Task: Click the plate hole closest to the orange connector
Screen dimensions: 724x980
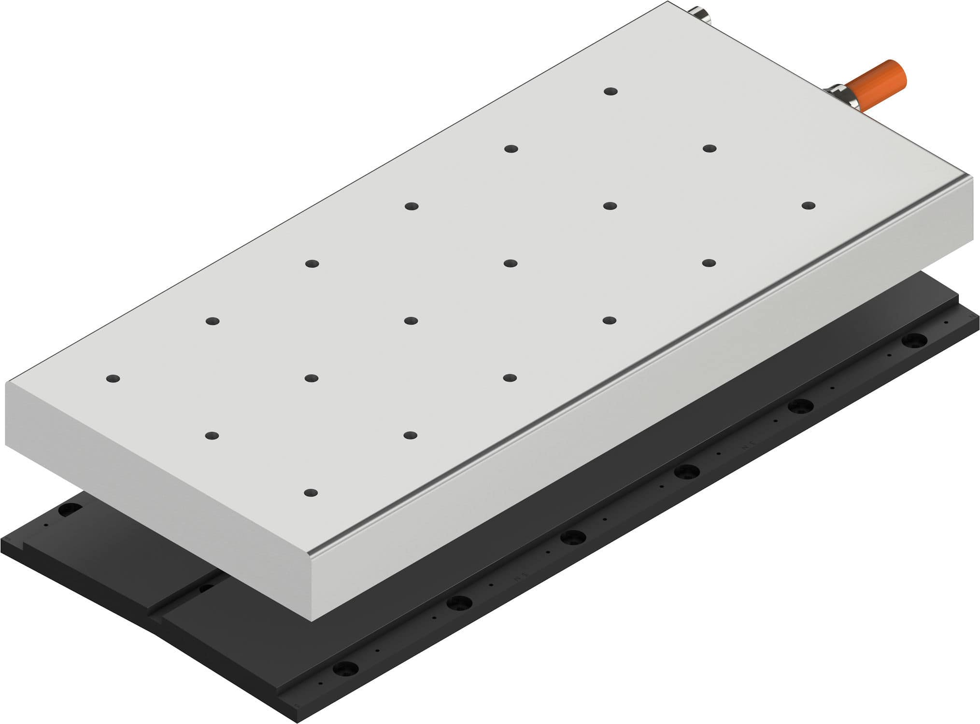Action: (611, 91)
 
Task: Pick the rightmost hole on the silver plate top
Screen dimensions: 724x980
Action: (808, 206)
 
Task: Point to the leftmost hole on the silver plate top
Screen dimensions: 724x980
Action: (113, 378)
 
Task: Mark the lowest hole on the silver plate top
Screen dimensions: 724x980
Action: (311, 493)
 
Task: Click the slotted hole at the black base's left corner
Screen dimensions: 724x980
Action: (71, 509)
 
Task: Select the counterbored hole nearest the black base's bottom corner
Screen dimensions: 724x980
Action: (345, 668)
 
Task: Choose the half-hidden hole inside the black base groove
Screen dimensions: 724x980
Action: (206, 588)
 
